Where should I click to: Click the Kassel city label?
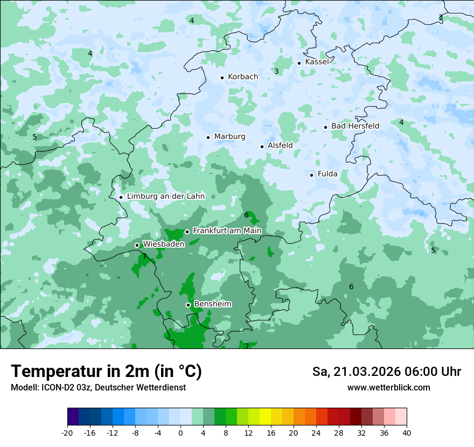click(317, 62)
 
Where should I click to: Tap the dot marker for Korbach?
click(222, 78)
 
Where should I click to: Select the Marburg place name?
click(229, 137)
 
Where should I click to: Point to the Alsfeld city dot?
click(262, 146)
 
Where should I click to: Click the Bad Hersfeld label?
click(355, 126)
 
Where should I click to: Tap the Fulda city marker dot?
click(312, 175)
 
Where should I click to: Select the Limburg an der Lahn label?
click(166, 197)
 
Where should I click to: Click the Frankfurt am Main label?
click(227, 231)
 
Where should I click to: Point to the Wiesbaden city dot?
click(137, 246)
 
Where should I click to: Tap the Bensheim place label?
click(212, 304)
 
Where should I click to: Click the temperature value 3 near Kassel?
click(276, 71)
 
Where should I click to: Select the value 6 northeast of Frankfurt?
click(246, 215)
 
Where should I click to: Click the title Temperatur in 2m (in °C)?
click(107, 372)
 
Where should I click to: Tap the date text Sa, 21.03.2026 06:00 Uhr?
click(387, 372)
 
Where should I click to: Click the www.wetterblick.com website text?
click(388, 388)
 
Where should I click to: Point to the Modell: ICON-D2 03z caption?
click(98, 388)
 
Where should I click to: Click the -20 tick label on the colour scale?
click(67, 432)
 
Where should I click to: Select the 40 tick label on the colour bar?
click(406, 432)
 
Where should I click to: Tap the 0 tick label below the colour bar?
click(180, 432)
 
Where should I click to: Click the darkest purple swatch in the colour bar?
click(73, 417)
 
